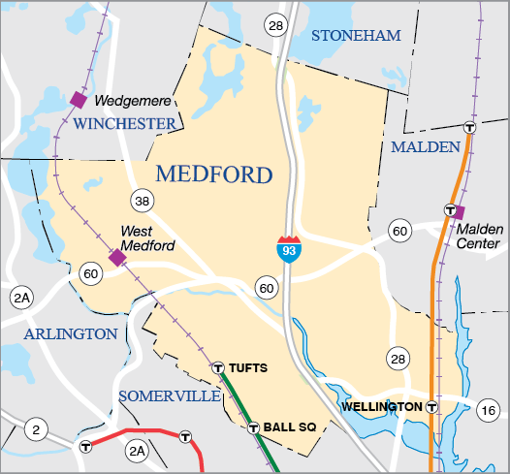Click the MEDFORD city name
[214, 174]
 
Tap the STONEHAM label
[356, 36]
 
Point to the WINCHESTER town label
[125, 123]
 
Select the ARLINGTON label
[70, 333]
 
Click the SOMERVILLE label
[170, 396]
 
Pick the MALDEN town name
[425, 146]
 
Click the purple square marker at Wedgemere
[78, 99]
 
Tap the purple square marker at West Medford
[117, 257]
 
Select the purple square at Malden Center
[459, 212]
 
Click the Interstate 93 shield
[288, 246]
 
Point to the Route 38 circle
[143, 202]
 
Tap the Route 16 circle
[490, 410]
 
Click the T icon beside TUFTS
[218, 367]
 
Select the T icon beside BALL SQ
[253, 427]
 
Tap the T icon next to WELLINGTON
[431, 407]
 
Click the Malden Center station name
[480, 236]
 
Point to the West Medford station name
[147, 238]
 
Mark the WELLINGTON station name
[381, 407]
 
